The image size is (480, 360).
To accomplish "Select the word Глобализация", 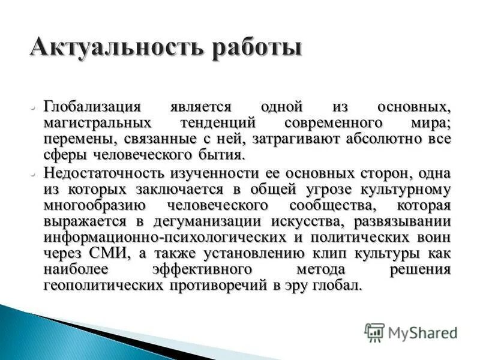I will tap(92, 107).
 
